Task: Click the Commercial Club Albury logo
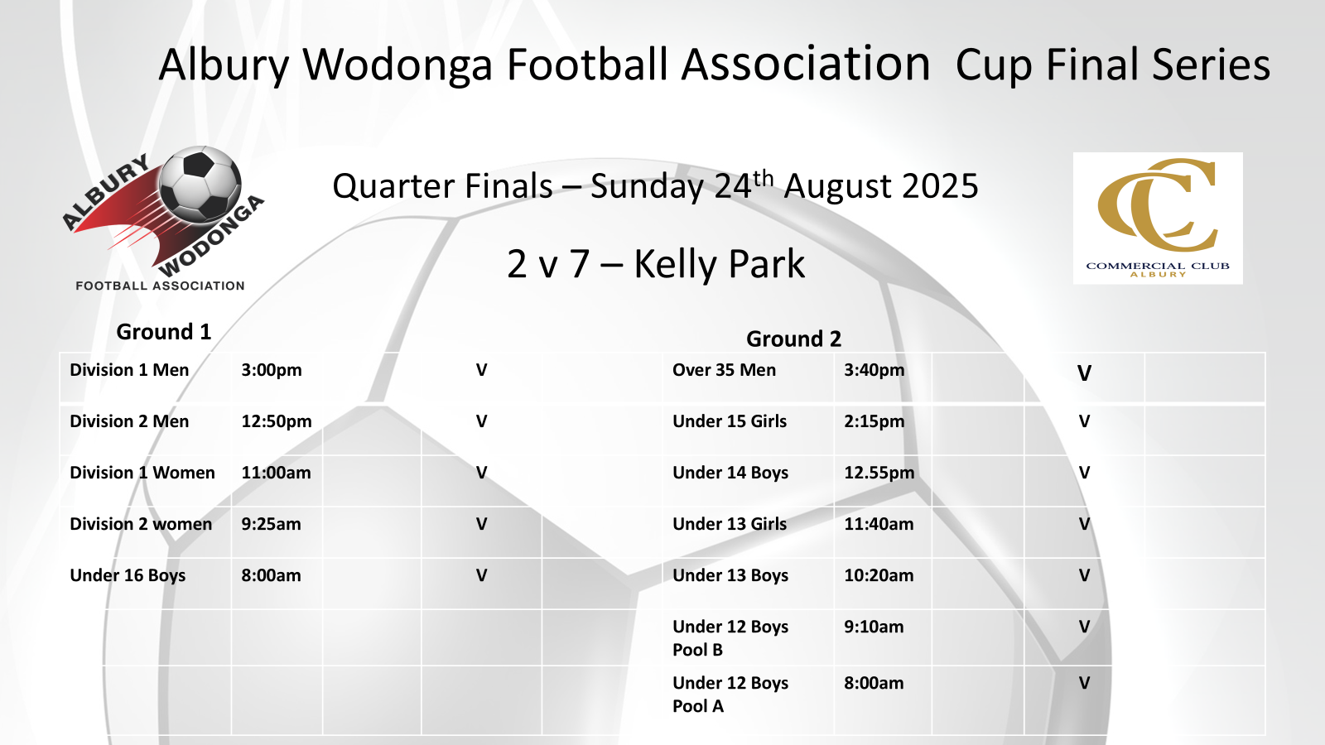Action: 1158,219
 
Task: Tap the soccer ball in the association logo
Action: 200,185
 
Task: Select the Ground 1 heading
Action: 164,332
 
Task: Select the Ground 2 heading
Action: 793,339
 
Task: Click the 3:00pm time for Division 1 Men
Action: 272,370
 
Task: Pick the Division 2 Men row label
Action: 129,421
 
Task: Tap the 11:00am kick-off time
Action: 277,473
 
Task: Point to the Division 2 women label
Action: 141,525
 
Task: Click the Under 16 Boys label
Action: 128,575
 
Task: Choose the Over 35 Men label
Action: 724,370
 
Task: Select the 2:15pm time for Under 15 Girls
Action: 874,421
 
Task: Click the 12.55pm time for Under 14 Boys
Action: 879,473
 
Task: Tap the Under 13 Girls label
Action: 730,525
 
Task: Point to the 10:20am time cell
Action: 879,575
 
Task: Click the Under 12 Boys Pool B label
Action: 730,638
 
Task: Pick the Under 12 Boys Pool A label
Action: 730,695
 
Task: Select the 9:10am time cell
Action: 874,627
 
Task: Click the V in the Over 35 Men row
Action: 1084,373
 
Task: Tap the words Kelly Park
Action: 720,264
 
